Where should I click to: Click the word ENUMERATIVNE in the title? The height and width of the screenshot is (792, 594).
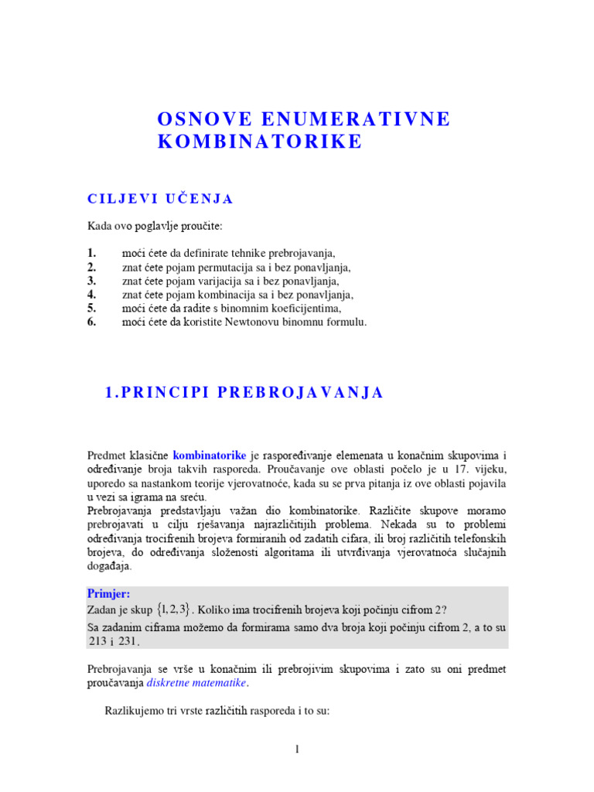pyautogui.click(x=356, y=119)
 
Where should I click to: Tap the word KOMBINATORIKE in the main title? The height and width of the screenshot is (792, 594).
pyautogui.click(x=260, y=142)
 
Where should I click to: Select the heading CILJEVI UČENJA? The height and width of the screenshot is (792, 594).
pyautogui.click(x=160, y=199)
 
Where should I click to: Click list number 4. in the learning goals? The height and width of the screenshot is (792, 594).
pyautogui.click(x=92, y=295)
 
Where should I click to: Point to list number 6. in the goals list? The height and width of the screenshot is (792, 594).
pyautogui.click(x=92, y=323)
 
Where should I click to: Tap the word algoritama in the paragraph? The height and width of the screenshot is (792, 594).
pyautogui.click(x=299, y=551)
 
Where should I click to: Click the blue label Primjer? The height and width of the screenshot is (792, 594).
pyautogui.click(x=109, y=593)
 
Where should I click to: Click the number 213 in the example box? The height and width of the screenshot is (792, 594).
pyautogui.click(x=96, y=641)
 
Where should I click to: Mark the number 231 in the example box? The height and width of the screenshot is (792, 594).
pyautogui.click(x=127, y=641)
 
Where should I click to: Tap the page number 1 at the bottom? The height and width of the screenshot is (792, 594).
pyautogui.click(x=297, y=749)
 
